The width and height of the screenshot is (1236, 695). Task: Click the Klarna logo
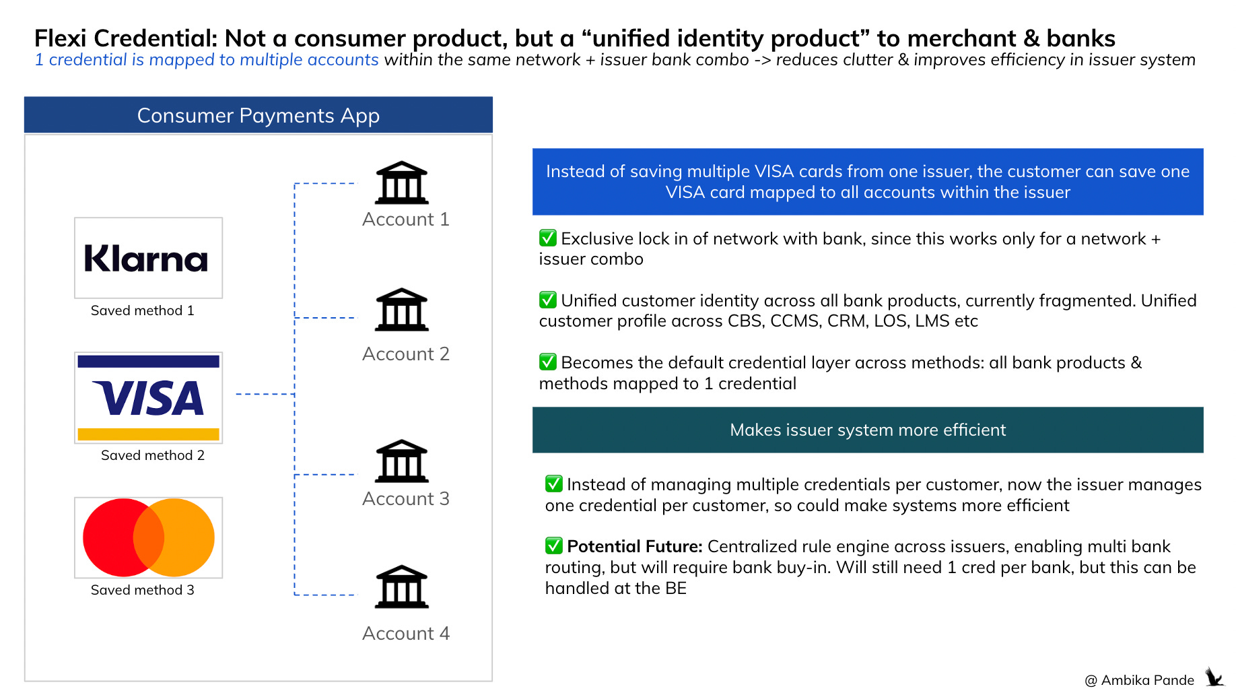click(147, 259)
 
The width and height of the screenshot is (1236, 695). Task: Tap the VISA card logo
click(148, 397)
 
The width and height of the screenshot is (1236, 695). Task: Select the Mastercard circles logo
click(148, 537)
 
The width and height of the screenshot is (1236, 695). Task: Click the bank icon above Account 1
click(401, 183)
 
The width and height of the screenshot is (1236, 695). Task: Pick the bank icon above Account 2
click(401, 310)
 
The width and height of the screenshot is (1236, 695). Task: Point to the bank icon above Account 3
click(401, 461)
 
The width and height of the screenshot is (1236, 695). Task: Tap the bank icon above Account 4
click(401, 587)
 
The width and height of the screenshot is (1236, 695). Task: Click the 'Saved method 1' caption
click(142, 310)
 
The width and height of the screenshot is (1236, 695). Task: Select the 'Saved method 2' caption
click(152, 455)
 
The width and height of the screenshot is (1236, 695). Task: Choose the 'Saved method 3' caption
click(142, 590)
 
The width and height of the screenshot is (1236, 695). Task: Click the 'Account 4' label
click(405, 633)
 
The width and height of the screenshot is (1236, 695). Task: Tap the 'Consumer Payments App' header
click(258, 115)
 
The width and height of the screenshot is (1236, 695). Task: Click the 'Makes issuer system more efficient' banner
click(867, 430)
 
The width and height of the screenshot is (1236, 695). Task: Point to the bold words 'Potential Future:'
click(634, 546)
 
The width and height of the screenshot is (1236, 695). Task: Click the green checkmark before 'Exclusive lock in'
click(548, 238)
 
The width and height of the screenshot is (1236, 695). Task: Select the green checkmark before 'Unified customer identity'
click(548, 300)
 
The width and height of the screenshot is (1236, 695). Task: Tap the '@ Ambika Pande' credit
click(1139, 680)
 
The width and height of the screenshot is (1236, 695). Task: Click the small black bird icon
click(1214, 677)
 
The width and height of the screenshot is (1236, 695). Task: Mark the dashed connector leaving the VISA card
click(265, 394)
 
